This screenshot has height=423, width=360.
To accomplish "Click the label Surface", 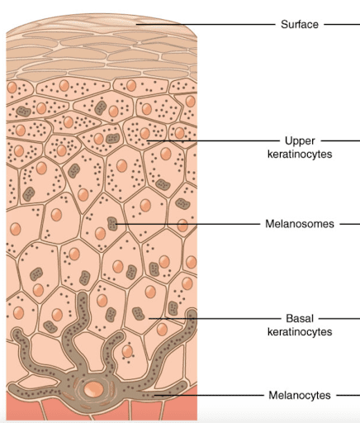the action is tap(300, 24).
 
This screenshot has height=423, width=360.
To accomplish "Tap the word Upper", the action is tap(300, 140).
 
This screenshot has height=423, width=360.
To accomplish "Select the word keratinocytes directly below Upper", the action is tap(300, 154).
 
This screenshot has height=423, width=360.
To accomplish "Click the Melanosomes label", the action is tap(300, 224).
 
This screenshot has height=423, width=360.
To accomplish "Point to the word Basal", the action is tap(300, 318).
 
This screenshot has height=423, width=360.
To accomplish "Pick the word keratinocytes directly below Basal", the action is tap(300, 331).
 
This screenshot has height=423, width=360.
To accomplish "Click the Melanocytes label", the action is tap(300, 395).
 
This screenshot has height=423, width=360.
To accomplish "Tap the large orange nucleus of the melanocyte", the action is tap(94, 390).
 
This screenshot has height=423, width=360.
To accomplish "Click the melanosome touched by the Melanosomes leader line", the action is tap(112, 224).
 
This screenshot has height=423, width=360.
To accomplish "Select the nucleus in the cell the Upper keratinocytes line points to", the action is tap(144, 133).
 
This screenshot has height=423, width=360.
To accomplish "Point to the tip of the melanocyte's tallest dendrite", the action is tap(82, 295).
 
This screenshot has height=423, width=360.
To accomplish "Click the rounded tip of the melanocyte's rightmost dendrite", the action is tap(192, 312).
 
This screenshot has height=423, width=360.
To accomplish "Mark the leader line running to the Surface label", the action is tap(206, 24).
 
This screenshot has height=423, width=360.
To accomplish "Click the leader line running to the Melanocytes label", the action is tap(209, 395).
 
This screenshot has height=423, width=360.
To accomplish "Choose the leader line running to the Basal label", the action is tap(215, 319).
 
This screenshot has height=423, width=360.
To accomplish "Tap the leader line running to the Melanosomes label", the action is tap(187, 224).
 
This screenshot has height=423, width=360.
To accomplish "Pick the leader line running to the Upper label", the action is tap(213, 140).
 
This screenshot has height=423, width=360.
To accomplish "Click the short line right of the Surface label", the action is tap(342, 24).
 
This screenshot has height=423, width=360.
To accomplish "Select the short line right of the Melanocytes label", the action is tap(348, 395).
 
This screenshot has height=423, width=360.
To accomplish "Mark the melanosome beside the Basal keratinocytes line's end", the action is tap(138, 314).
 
